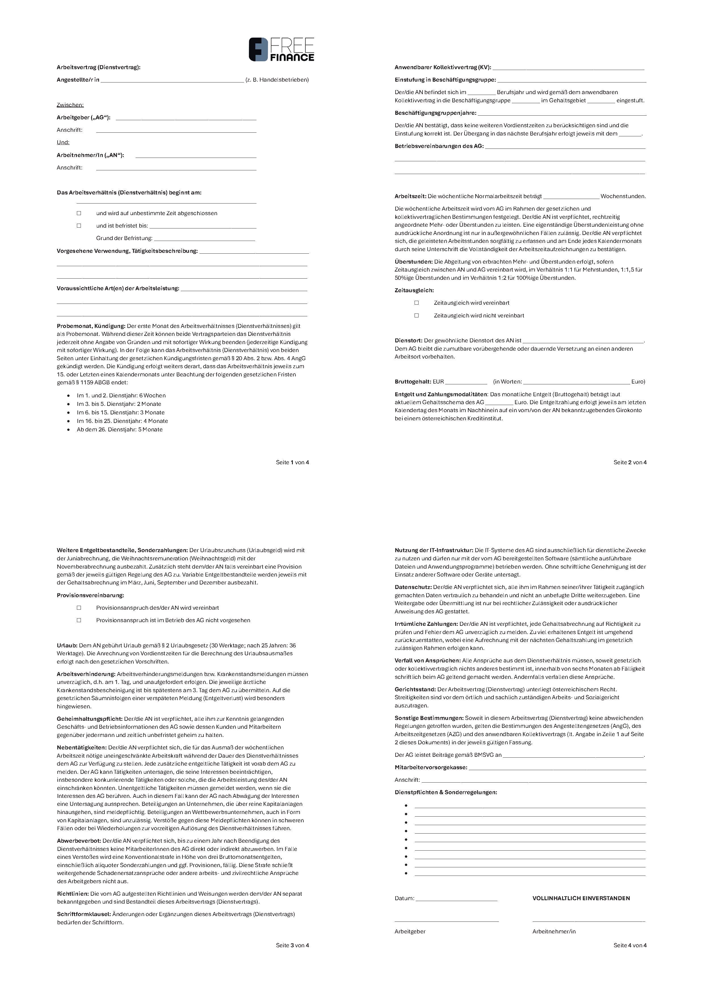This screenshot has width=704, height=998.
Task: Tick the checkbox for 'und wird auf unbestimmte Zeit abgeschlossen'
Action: point(79,213)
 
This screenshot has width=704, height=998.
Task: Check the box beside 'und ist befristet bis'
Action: point(79,226)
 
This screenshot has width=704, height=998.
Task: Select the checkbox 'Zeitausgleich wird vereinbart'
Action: point(416,302)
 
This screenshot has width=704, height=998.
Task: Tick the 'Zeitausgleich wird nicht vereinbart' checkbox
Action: point(416,315)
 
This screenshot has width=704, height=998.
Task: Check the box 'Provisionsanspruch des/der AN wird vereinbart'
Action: point(79,608)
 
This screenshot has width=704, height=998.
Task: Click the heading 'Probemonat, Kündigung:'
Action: point(91,326)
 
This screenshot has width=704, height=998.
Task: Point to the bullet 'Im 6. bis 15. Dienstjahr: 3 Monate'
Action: point(121,412)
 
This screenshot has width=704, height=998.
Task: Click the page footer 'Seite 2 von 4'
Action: point(630,462)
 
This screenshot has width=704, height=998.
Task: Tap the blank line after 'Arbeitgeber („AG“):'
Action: point(186,118)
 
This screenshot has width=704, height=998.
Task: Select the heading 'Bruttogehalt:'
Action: point(413,382)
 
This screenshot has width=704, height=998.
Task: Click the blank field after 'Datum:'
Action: point(456,899)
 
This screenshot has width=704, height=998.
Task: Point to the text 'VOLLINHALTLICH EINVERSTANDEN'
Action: point(581,898)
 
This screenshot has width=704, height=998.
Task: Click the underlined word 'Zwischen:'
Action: point(70,105)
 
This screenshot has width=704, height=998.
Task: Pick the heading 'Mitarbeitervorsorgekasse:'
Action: point(431,767)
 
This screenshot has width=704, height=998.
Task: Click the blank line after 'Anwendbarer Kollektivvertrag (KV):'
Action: point(568,68)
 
